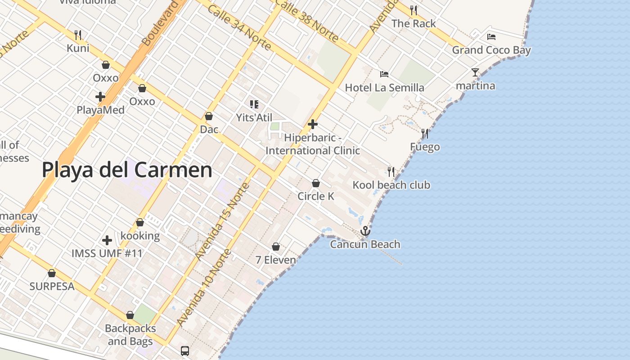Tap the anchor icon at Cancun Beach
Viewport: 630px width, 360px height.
(x=365, y=231)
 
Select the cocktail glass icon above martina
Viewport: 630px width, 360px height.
(x=475, y=72)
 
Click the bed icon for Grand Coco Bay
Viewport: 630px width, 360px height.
(x=491, y=37)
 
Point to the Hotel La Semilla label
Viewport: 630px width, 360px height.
(x=384, y=87)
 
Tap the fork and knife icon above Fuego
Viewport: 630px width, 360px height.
(x=424, y=134)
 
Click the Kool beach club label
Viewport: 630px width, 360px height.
(x=391, y=185)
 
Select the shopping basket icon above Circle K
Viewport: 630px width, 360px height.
(x=316, y=183)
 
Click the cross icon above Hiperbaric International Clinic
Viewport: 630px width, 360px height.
(x=313, y=124)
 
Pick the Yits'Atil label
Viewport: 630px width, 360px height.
(x=254, y=117)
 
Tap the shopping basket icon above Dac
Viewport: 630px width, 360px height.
(x=209, y=116)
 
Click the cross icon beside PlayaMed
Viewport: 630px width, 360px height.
(x=100, y=96)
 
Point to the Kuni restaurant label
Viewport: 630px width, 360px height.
(x=78, y=48)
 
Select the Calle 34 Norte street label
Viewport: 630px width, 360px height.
(x=239, y=28)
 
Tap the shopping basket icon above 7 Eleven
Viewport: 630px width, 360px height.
(x=276, y=247)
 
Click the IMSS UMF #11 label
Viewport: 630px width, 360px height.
(x=107, y=253)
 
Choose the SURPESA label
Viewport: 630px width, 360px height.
(x=52, y=286)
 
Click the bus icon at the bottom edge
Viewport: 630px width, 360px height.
(x=185, y=351)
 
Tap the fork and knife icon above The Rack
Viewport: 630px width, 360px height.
(x=414, y=10)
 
